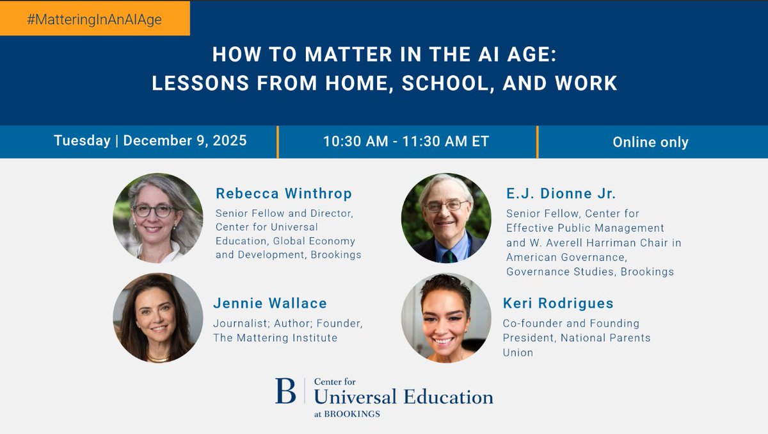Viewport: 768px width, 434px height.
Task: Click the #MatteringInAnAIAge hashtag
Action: [94, 19]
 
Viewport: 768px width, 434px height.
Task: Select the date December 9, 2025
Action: [185, 141]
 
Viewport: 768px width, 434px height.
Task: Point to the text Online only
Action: [650, 142]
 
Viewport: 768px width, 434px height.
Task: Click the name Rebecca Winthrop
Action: [284, 194]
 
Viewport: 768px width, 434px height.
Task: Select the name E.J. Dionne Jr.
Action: [561, 194]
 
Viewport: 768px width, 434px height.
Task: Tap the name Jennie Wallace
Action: [270, 303]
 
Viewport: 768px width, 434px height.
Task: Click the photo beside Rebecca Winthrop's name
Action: [158, 218]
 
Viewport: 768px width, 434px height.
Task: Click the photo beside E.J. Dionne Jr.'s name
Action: [446, 218]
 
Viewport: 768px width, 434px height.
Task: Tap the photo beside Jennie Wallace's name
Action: [158, 318]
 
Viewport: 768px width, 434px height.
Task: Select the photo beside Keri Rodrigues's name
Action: [446, 318]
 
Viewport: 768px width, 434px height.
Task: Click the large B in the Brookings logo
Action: [285, 390]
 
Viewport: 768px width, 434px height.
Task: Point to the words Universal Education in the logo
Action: [403, 397]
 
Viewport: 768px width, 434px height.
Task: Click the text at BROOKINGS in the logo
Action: [347, 414]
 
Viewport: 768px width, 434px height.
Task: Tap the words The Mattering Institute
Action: [275, 338]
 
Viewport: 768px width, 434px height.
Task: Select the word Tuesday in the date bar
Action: [82, 141]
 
